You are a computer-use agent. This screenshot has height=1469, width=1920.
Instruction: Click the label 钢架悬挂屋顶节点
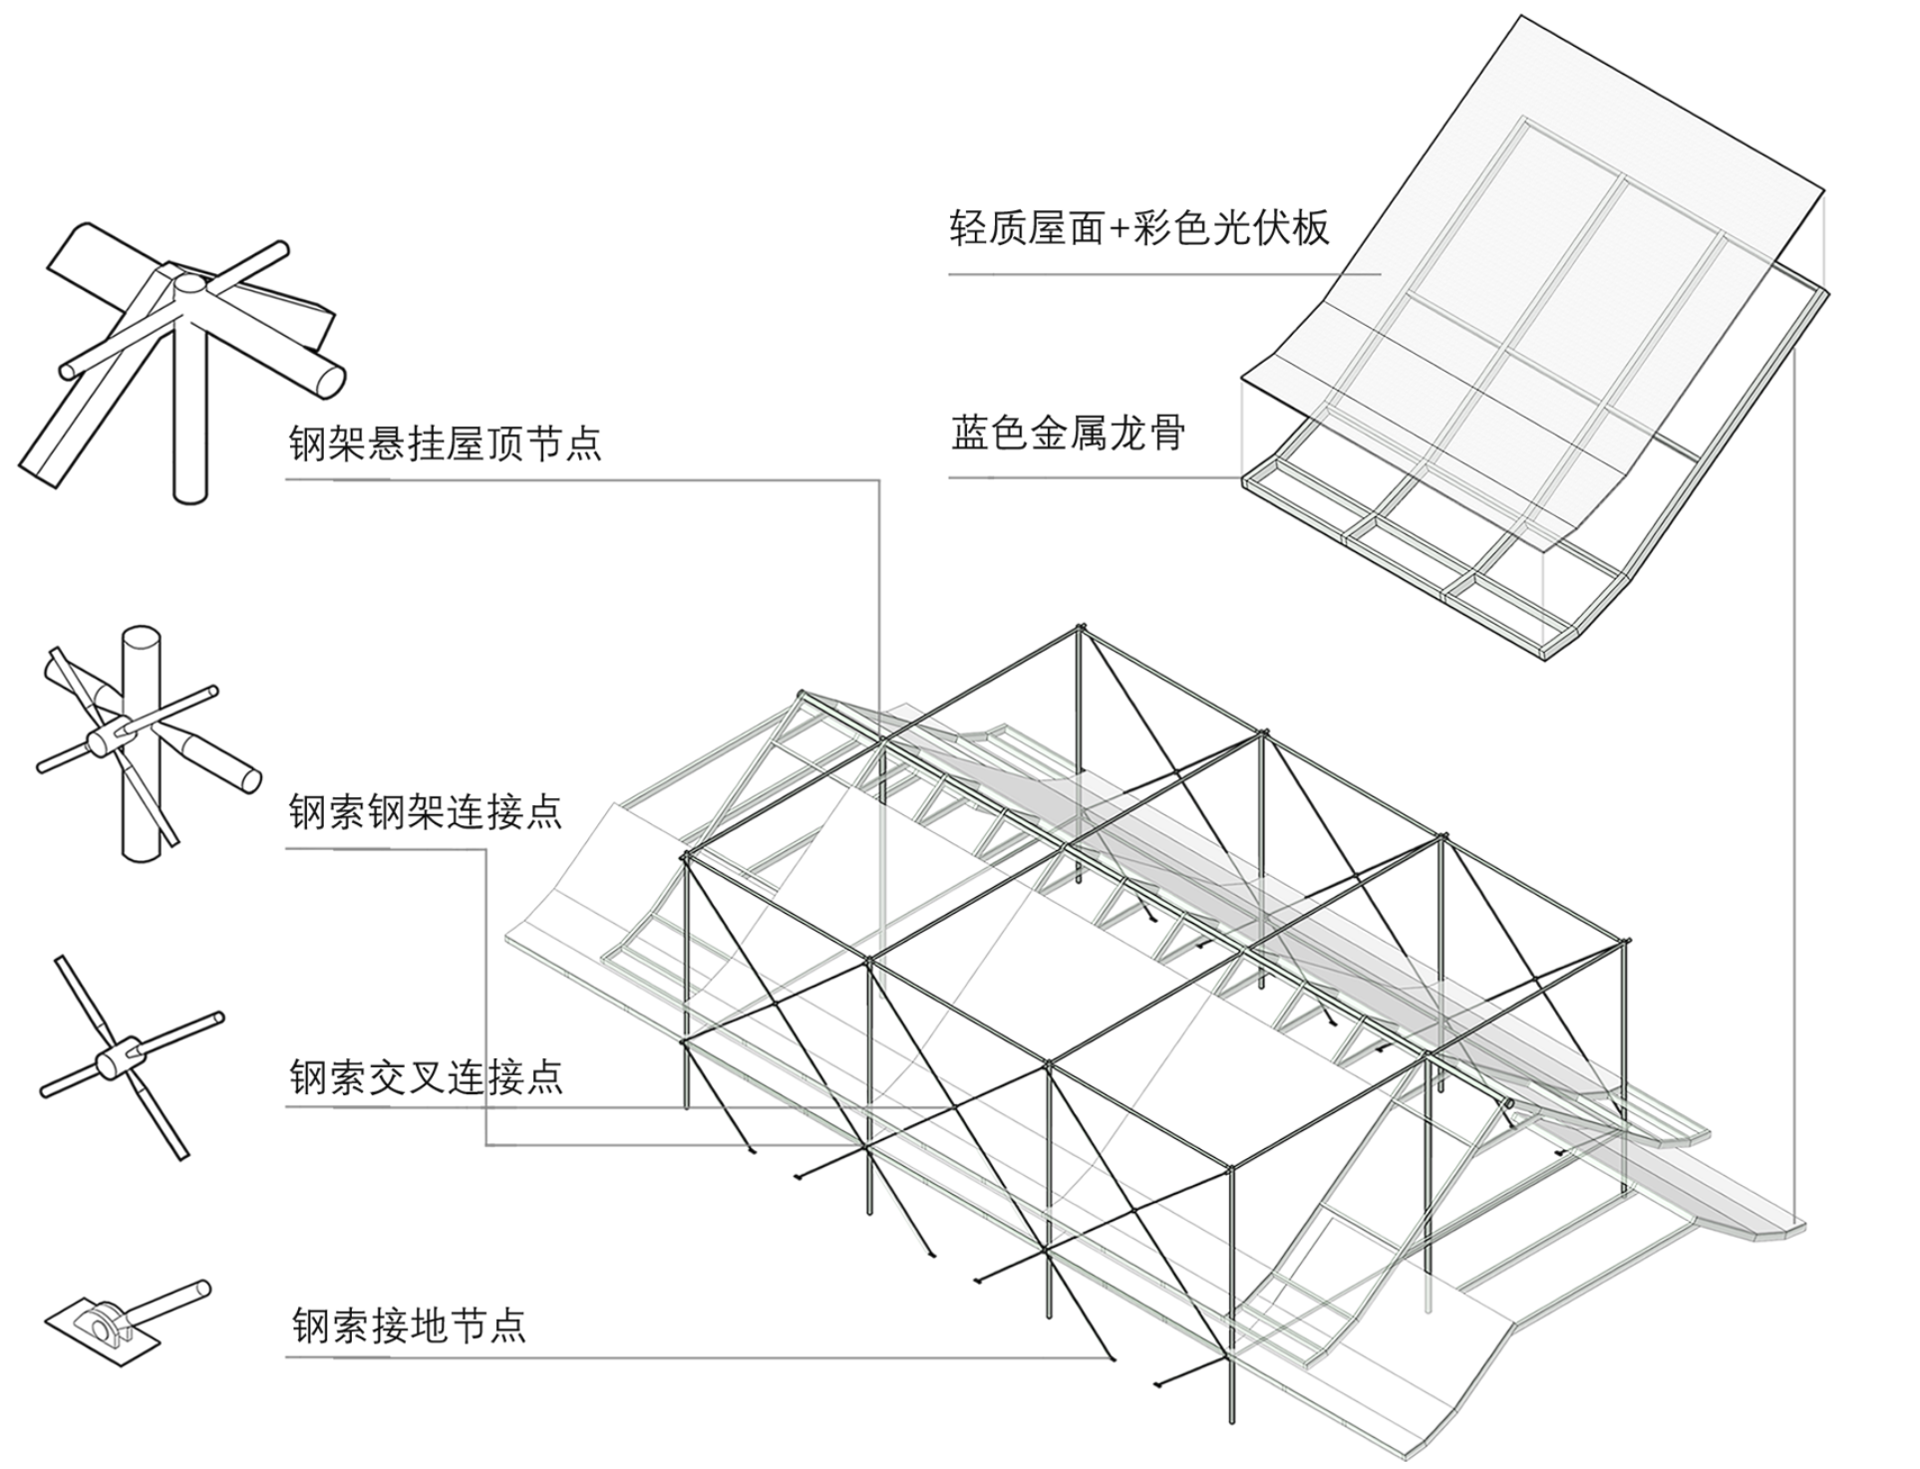pyautogui.click(x=446, y=442)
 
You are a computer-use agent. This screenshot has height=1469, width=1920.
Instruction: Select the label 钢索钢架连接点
pyautogui.click(x=426, y=812)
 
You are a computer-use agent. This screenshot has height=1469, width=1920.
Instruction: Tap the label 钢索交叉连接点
pyautogui.click(x=426, y=1077)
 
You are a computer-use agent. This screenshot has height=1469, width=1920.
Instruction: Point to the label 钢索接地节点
pyautogui.click(x=409, y=1325)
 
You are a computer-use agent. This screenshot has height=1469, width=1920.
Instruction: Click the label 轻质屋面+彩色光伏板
pyautogui.click(x=1138, y=227)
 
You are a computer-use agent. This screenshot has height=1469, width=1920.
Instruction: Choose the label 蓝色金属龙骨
pyautogui.click(x=1068, y=433)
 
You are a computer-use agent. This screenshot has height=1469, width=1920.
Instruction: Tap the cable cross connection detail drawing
pyautogui.click(x=130, y=1058)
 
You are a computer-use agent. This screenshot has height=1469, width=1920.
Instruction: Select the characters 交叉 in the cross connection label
pyautogui.click(x=406, y=1077)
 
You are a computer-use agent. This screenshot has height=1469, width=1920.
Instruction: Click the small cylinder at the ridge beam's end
pyautogui.click(x=1508, y=1103)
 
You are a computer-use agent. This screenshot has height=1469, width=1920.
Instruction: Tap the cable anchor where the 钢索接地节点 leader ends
pyautogui.click(x=1111, y=1357)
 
